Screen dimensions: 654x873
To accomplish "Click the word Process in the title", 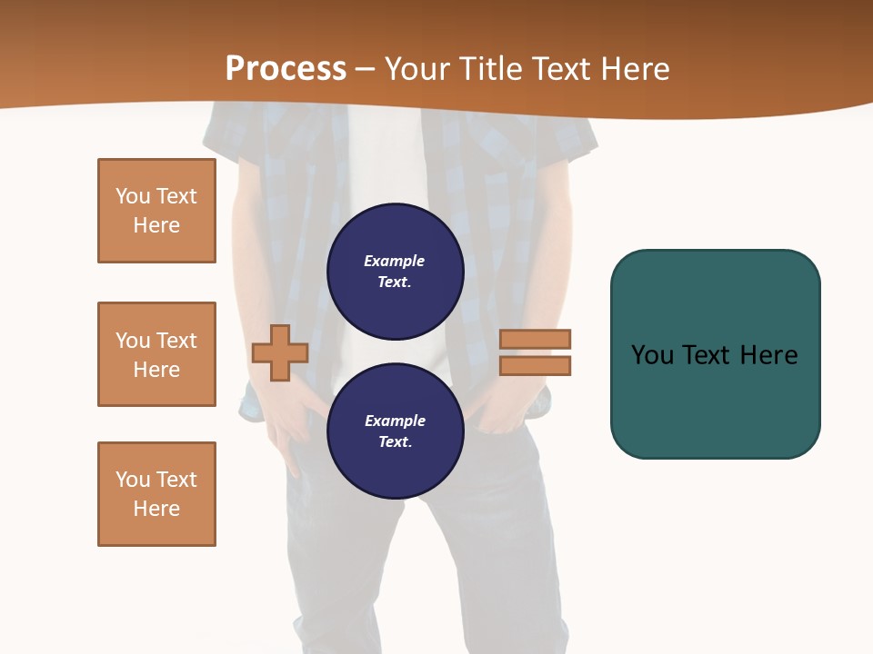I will (286, 69).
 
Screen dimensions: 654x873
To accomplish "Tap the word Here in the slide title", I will (633, 69).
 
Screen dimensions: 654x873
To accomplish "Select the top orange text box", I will (156, 211).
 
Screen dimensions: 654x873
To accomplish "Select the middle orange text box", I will (156, 354).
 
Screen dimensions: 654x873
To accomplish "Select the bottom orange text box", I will (156, 494).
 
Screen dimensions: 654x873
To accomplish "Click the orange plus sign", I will (280, 352).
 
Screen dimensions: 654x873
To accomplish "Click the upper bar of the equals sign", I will (535, 339).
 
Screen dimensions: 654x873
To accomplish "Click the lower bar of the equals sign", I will (535, 365).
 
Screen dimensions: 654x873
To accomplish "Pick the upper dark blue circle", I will (396, 271).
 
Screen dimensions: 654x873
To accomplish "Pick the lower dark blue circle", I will (396, 431).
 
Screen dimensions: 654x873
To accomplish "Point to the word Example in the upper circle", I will (395, 261).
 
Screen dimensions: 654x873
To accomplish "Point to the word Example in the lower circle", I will (395, 421).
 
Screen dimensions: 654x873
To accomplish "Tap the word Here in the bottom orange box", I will (156, 509).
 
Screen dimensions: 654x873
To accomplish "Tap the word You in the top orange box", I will (133, 196).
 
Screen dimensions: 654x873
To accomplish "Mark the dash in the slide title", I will (365, 69).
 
